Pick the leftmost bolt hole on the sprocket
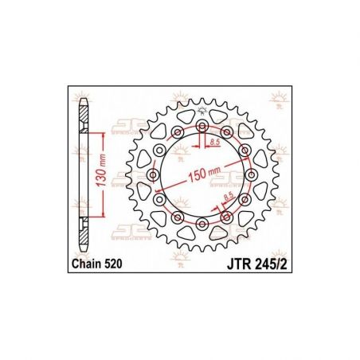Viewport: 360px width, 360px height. click(x=152, y=174)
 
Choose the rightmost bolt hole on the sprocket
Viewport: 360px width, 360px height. click(x=252, y=174)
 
